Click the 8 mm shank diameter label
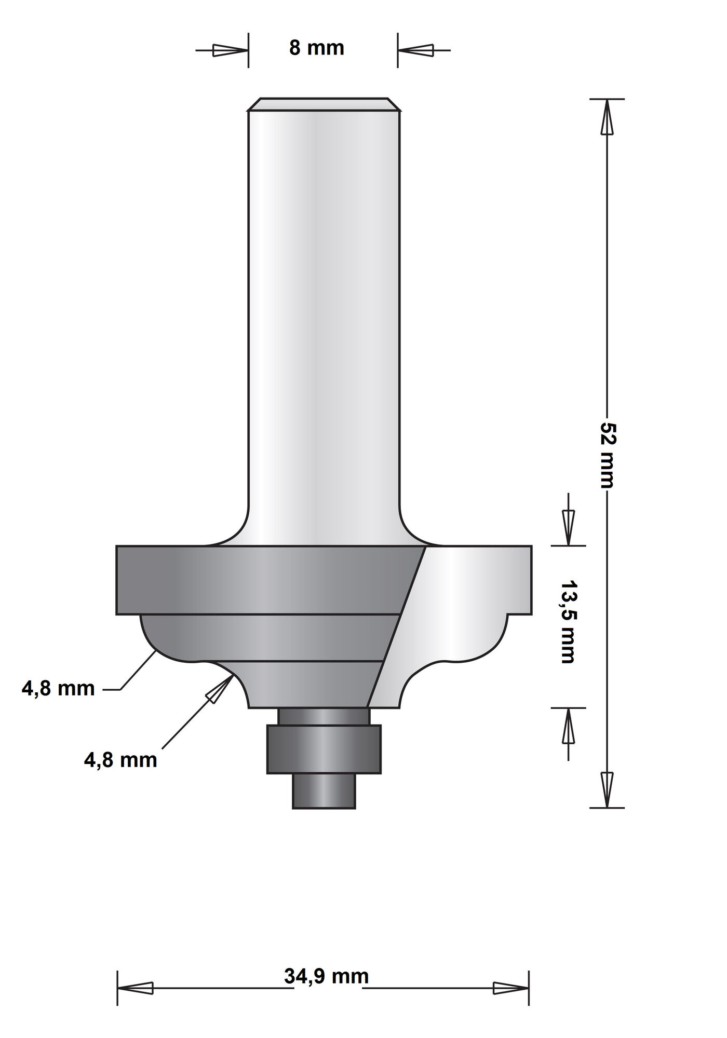point(316,48)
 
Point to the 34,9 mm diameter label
point(326,977)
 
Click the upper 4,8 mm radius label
point(58,689)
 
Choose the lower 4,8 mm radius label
point(120,760)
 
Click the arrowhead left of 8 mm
point(229,50)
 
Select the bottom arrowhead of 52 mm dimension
point(607,789)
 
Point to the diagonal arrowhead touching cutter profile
point(220,689)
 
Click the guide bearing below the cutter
point(324,749)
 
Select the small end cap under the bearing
point(324,791)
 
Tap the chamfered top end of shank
point(324,104)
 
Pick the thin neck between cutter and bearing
point(324,716)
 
